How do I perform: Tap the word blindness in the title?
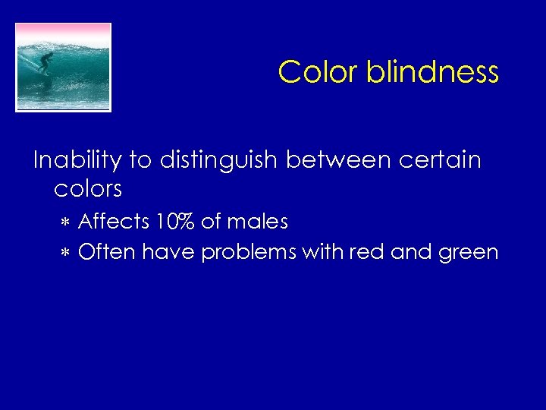(432, 72)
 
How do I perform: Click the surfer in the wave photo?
(45, 62)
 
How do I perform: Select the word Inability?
(77, 161)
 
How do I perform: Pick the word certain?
(441, 160)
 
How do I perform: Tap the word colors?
(88, 188)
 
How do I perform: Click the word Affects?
(114, 222)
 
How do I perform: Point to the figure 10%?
(175, 222)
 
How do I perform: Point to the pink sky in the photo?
(64, 31)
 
